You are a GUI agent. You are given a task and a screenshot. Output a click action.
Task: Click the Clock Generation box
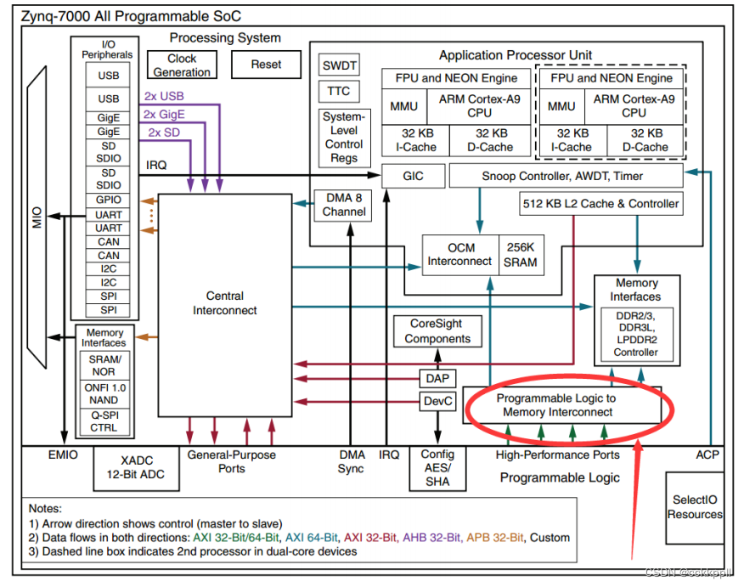pos(183,65)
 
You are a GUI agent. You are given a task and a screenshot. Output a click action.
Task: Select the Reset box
pos(266,65)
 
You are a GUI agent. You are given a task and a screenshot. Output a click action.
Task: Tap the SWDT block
pos(339,65)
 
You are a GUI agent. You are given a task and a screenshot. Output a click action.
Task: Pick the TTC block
pos(339,91)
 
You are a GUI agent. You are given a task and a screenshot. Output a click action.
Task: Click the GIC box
pos(414,176)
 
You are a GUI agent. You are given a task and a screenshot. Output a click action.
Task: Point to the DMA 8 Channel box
pos(343,205)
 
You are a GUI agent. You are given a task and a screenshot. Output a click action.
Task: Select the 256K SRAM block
pos(521,255)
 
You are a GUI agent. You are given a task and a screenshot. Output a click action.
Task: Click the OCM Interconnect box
pos(460,255)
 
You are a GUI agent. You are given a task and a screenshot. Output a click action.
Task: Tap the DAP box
pos(437,379)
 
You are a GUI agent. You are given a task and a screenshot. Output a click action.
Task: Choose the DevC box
pos(437,402)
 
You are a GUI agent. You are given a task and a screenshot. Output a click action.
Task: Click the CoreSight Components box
pos(437,331)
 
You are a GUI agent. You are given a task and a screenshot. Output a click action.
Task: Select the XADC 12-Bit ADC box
pos(137,468)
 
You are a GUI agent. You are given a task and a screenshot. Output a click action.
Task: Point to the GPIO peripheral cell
pos(108,200)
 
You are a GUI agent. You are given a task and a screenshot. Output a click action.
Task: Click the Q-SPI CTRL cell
pos(104,421)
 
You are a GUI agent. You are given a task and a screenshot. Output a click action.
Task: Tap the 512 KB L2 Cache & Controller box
pos(601,204)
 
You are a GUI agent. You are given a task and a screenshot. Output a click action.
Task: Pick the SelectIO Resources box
pos(695,508)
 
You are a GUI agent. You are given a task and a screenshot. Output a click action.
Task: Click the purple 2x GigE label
pos(164,115)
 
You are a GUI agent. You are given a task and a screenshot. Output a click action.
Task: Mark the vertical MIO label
pos(37,217)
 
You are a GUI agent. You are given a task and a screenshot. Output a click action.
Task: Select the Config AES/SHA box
pos(437,468)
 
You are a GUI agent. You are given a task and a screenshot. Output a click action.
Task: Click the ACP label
pos(707,454)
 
